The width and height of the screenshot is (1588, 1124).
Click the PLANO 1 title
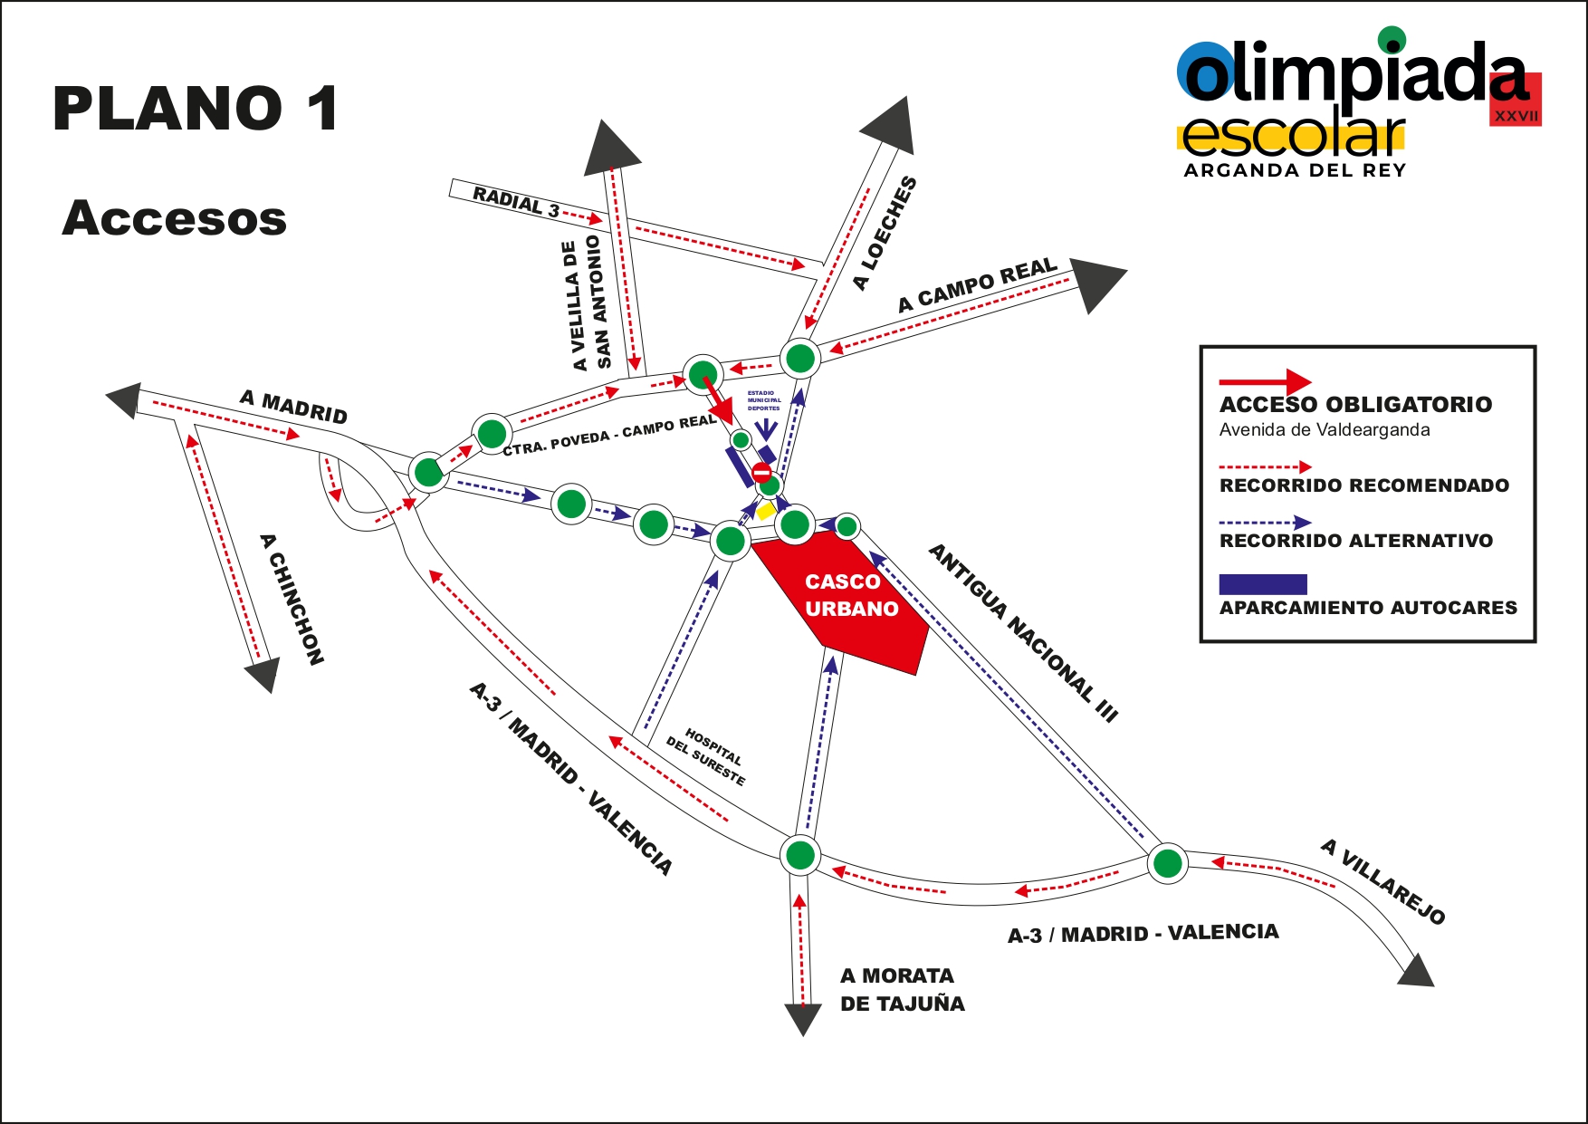[196, 110]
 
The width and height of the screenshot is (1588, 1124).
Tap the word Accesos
[174, 218]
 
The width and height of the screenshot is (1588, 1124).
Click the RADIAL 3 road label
[516, 201]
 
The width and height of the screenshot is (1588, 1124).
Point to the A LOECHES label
[885, 233]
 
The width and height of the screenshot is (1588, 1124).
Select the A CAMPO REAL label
[977, 284]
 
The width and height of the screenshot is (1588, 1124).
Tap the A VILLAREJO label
[1382, 881]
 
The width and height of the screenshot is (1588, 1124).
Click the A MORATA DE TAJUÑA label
[902, 989]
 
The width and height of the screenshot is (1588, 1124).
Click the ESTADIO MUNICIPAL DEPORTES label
[763, 400]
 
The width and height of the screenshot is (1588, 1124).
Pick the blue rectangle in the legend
[1262, 584]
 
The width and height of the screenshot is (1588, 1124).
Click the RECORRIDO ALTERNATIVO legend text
[1355, 541]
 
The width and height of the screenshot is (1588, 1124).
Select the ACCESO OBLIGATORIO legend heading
[1355, 404]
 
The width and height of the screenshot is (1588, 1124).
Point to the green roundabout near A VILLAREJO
[1167, 862]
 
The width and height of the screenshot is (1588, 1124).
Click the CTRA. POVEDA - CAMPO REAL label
[609, 436]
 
